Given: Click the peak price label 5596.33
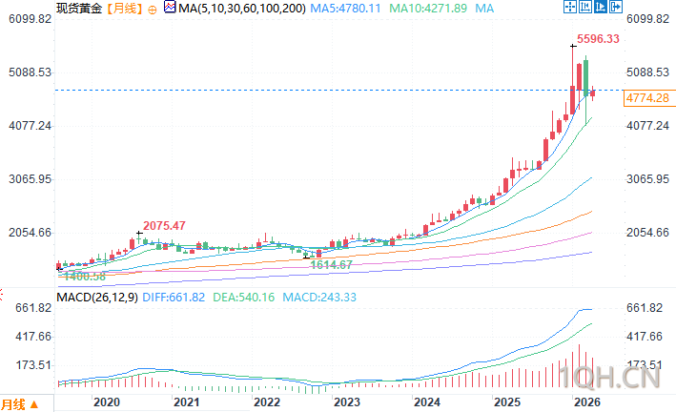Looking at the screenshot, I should click(x=599, y=39).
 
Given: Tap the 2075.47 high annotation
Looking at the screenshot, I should click(x=164, y=225).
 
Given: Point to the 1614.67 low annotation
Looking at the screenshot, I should click(x=332, y=263).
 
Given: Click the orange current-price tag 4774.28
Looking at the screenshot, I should click(x=646, y=98).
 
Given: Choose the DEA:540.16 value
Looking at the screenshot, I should click(x=242, y=297).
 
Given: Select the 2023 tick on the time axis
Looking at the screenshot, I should click(x=346, y=402).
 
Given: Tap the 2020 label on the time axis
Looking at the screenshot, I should click(x=107, y=402).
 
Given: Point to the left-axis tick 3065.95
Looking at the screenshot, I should click(x=29, y=179).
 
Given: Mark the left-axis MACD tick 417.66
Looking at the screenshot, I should click(x=29, y=337).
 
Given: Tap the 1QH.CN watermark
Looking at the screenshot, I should click(x=626, y=380).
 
